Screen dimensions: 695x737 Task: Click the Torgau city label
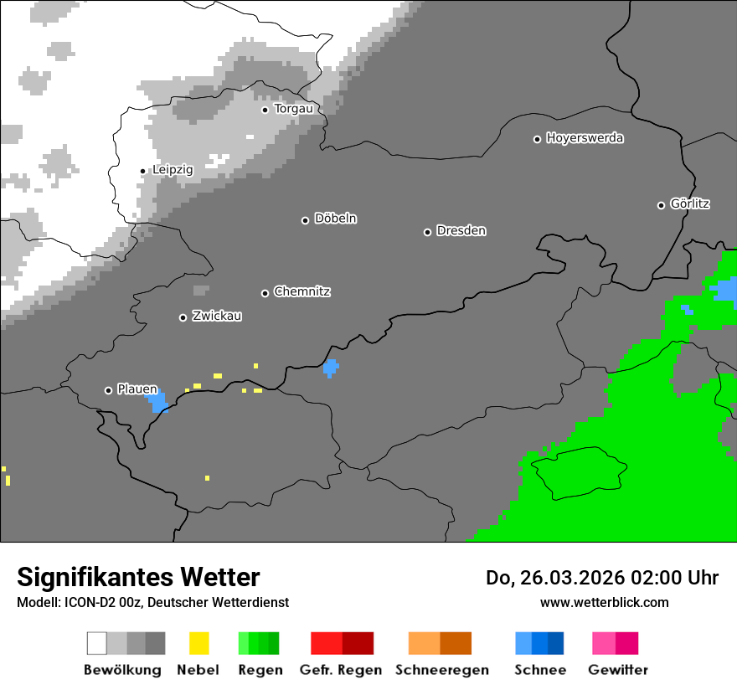pos(293,109)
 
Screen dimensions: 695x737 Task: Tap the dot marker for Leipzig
pos(142,171)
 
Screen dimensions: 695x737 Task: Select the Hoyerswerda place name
pos(585,138)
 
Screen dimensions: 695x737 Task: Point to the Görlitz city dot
pos(661,205)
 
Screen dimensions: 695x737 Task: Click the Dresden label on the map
pos(461,231)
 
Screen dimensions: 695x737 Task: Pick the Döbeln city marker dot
pos(305,220)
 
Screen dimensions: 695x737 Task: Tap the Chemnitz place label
pos(301,292)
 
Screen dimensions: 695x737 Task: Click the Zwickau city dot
pos(183,317)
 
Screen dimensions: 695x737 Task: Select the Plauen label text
pos(137,389)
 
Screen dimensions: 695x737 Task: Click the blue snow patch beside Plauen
pos(157,403)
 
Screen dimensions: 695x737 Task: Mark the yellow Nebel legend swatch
pos(198,643)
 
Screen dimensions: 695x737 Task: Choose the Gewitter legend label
pos(617,670)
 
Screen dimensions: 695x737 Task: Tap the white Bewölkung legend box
pos(96,643)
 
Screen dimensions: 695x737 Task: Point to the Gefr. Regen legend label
pos(341,670)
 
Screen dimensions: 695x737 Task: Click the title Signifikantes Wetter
pos(138,578)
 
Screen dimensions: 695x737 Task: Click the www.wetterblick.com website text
pos(604,602)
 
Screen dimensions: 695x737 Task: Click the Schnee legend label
pos(540,670)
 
